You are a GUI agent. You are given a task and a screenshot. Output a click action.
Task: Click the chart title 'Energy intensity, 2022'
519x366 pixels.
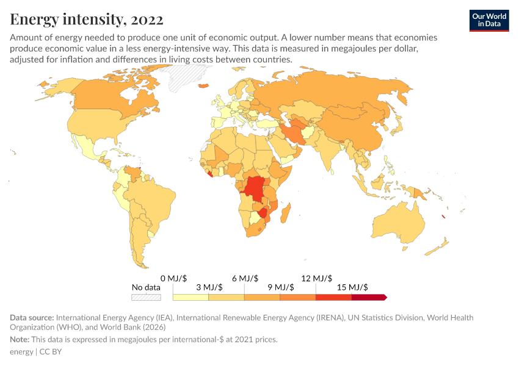pyautogui.click(x=87, y=20)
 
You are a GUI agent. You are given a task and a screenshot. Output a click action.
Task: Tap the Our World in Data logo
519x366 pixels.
pyautogui.click(x=488, y=20)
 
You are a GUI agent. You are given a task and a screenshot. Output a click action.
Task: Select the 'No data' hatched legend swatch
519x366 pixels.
pyautogui.click(x=147, y=298)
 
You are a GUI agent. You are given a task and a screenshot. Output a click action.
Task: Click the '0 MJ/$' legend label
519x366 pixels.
pyautogui.click(x=173, y=278)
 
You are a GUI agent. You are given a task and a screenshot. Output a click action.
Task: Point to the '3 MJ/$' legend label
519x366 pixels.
pyautogui.click(x=209, y=287)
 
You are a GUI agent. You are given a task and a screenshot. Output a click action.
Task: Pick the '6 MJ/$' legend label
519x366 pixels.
pyautogui.click(x=244, y=278)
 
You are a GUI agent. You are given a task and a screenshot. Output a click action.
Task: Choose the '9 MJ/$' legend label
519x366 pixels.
pyautogui.click(x=280, y=287)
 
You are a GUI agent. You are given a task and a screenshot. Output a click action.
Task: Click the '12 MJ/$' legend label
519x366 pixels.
pyautogui.click(x=316, y=278)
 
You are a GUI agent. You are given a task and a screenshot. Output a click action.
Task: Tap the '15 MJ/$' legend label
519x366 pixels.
pyautogui.click(x=352, y=287)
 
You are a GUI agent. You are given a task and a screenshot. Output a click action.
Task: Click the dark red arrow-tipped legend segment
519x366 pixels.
pyautogui.click(x=369, y=298)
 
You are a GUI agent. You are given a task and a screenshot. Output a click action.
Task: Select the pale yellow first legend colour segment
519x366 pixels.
pyautogui.click(x=191, y=298)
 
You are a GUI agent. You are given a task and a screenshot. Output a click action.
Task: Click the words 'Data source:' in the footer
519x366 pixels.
pyautogui.click(x=31, y=318)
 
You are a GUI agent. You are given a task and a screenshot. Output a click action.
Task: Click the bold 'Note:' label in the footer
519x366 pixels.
pyautogui.click(x=21, y=339)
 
